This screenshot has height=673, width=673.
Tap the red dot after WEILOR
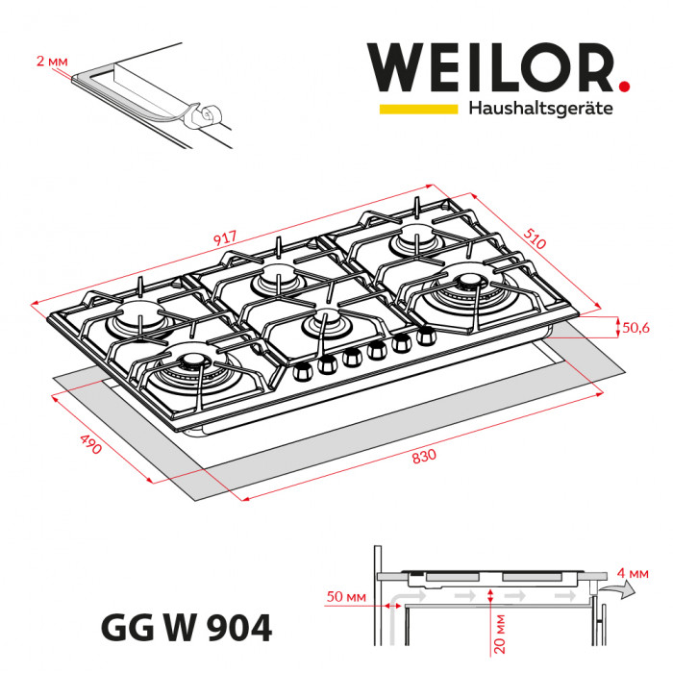coord(624,87)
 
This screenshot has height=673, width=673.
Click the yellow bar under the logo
coord(417,110)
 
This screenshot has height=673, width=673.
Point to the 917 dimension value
coord(226,237)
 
